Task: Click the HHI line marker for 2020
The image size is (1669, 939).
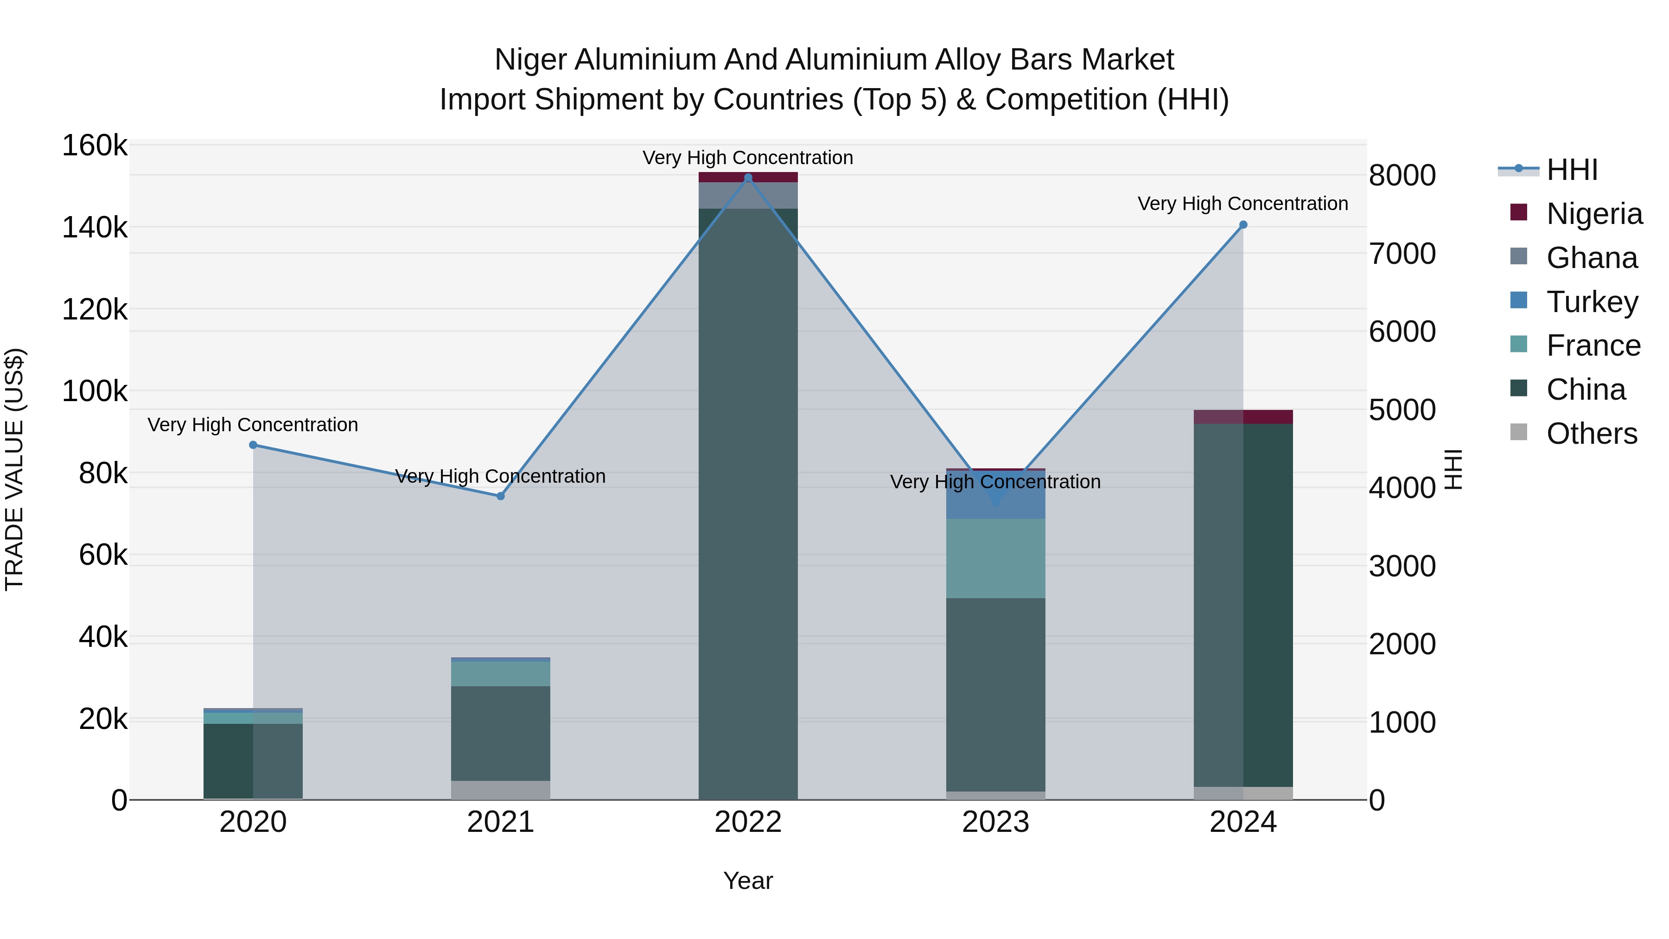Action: [253, 445]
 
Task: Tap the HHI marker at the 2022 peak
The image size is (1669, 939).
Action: [748, 178]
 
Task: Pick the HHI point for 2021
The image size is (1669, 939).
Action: [500, 496]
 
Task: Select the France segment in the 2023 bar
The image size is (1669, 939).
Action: [995, 559]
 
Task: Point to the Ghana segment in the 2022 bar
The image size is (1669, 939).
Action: [748, 196]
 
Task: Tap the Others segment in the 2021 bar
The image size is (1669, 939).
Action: [500, 790]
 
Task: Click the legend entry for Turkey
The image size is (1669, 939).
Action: [1591, 302]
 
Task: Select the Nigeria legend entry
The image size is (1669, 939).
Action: [1594, 214]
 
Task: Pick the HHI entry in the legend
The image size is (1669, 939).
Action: [1572, 170]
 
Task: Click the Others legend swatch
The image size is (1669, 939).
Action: [1519, 432]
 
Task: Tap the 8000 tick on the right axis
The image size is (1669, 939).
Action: [1402, 176]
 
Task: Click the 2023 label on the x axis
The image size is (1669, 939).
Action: [995, 822]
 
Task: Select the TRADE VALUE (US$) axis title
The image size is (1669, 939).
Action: [14, 469]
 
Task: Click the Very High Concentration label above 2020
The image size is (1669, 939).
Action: [253, 425]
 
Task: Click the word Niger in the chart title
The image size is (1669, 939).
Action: [531, 60]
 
